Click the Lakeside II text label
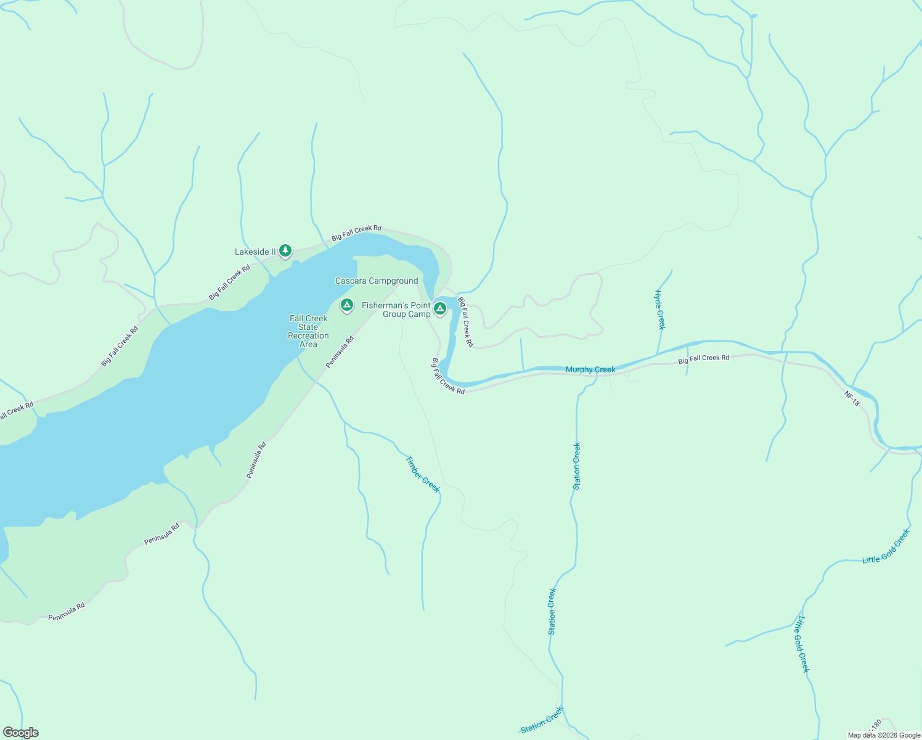pos(255,252)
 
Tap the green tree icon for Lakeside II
pos(285,250)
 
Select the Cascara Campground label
pos(377,281)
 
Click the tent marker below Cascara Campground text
pos(347,305)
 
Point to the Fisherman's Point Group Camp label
pos(396,310)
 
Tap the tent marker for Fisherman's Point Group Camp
pos(439,307)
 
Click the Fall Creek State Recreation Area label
pos(308,331)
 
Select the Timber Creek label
pos(423,474)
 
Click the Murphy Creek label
pos(590,369)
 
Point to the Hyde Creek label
pos(660,310)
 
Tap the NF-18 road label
pos(852,398)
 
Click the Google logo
pos(20,733)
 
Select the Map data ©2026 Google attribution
pos(884,735)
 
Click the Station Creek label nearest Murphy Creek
pos(577,466)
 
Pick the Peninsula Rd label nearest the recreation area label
pos(340,351)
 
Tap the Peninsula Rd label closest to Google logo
pos(67,612)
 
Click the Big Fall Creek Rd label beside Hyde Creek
pos(704,358)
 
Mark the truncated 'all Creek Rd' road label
pos(17,411)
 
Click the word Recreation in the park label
pos(308,335)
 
